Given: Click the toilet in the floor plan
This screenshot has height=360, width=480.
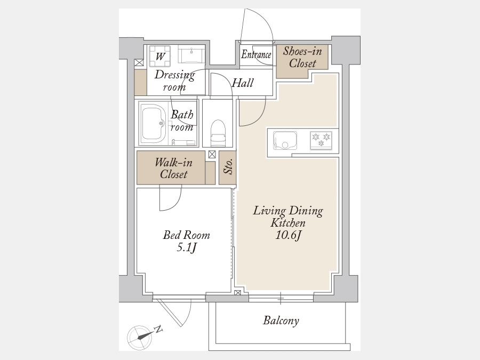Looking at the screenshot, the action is pos(218,133).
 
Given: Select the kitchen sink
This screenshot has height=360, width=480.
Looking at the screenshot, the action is pos(285,140).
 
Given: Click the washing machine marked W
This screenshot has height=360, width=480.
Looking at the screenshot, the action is pos(159,56).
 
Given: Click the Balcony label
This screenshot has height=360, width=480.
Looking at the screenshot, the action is pos(281,321).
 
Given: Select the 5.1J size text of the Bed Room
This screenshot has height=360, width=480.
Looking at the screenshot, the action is pos(186,247).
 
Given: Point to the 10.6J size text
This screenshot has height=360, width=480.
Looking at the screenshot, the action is pos(289,235).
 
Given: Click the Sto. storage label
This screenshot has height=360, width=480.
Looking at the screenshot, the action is pos(228,167).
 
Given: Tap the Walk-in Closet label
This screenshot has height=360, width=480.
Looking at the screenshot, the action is pos(173,168).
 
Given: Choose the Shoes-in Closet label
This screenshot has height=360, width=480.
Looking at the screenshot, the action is pos(302,57).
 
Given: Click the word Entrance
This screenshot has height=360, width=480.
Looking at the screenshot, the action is pos(256,55).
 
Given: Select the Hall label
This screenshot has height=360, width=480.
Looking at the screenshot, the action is pos(243,83).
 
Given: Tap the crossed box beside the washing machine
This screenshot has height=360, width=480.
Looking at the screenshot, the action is pos(139,63).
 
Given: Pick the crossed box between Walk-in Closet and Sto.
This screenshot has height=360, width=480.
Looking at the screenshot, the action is pos(212,154).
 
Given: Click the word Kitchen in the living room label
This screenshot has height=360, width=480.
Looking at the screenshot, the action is pos(288,223).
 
